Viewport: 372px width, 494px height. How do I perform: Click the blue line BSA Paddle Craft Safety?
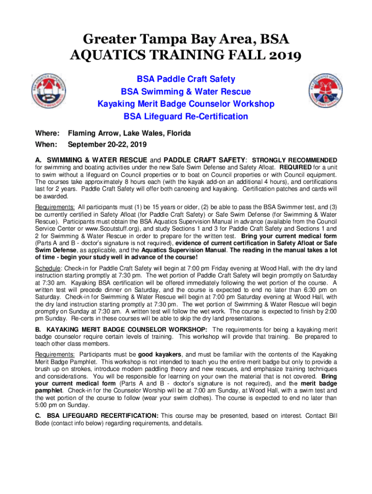pyautogui.click(x=186, y=79)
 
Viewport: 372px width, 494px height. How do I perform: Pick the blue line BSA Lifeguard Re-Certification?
pyautogui.click(x=186, y=116)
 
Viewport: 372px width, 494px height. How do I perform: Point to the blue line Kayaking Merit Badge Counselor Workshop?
pyautogui.click(x=186, y=104)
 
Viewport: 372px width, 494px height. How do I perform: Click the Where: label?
pyautogui.click(x=47, y=133)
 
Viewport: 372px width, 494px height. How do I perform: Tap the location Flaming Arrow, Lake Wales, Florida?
pyautogui.click(x=129, y=133)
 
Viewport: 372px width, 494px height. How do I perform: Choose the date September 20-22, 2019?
pyautogui.click(x=107, y=144)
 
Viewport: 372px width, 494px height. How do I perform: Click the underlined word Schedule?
pyautogui.click(x=47, y=269)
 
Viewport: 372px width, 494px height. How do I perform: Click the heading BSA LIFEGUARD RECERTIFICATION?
pyautogui.click(x=100, y=415)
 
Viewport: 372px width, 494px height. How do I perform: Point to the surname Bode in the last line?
pyautogui.click(x=43, y=424)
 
